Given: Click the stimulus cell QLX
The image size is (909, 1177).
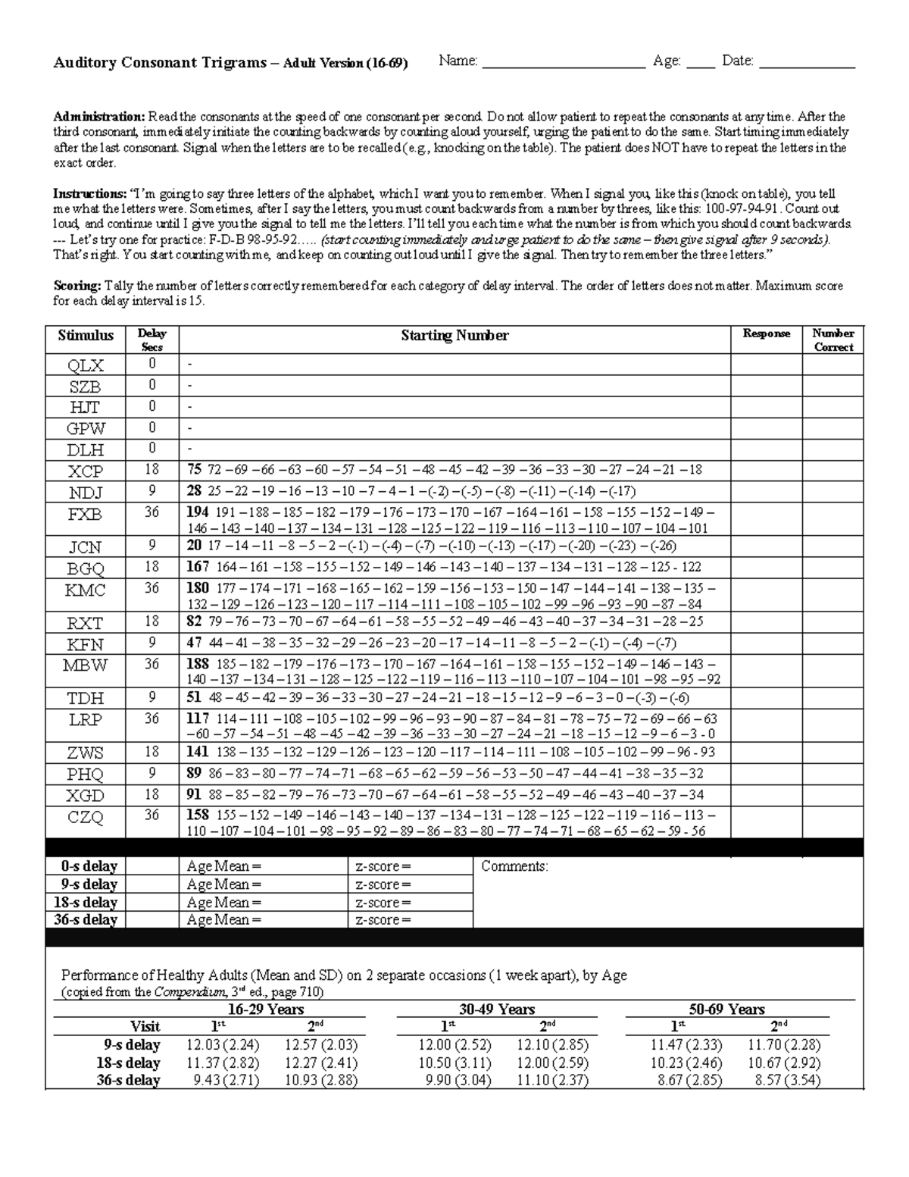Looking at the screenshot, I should pos(85,365).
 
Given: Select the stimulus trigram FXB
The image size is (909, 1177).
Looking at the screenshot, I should pos(85,515).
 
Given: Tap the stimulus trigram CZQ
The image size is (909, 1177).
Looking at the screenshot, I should pos(85,817).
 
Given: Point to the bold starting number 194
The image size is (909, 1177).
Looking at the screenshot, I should pos(197,512).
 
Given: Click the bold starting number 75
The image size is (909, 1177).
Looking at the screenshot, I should pos(194,469).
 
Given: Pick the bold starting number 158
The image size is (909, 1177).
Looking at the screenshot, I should pos(197,815).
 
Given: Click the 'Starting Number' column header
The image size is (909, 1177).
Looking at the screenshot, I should pos(454,335).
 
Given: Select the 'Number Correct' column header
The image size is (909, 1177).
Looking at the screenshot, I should pos(832,340).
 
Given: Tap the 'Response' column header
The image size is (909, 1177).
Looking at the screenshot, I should pos(766,333).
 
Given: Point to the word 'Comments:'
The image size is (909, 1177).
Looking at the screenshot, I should pos(514,866).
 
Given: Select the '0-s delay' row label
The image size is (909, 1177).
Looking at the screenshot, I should pos(89,866).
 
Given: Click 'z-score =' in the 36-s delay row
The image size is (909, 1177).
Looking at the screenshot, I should pos(383,920).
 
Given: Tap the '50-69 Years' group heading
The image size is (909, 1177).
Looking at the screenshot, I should pos(727,1010).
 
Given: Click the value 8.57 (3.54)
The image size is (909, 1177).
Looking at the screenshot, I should pos(788,1080).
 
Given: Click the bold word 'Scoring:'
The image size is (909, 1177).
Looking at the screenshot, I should pos(77,286).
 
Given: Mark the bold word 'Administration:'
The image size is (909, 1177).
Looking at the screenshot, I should pos(98,117).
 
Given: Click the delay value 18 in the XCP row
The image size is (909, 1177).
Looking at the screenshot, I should pos(151,470).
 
